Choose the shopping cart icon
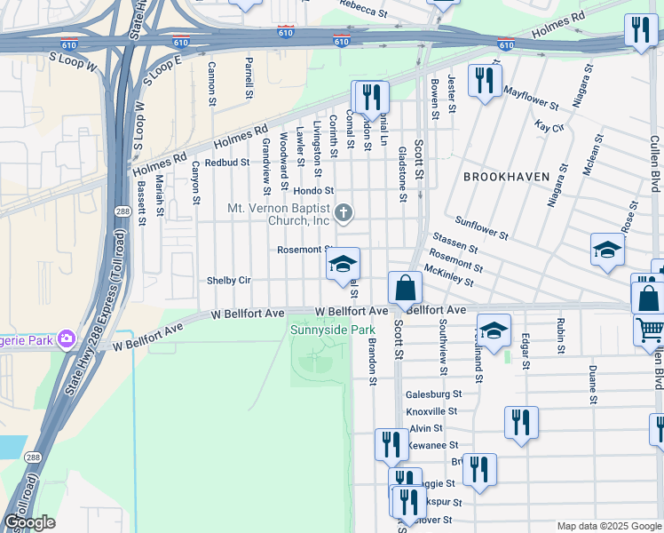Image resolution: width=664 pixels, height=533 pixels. coord(649,330)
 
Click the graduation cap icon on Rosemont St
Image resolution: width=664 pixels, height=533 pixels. coord(343,265)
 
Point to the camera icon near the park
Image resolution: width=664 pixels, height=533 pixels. coord(66,338)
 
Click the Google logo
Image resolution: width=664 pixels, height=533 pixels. coord(29,522)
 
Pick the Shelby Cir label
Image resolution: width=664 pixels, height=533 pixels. coord(229,281)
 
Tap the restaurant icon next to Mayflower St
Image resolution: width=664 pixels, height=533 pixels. coord(484,83)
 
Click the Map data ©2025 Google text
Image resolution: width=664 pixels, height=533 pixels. coord(607,525)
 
